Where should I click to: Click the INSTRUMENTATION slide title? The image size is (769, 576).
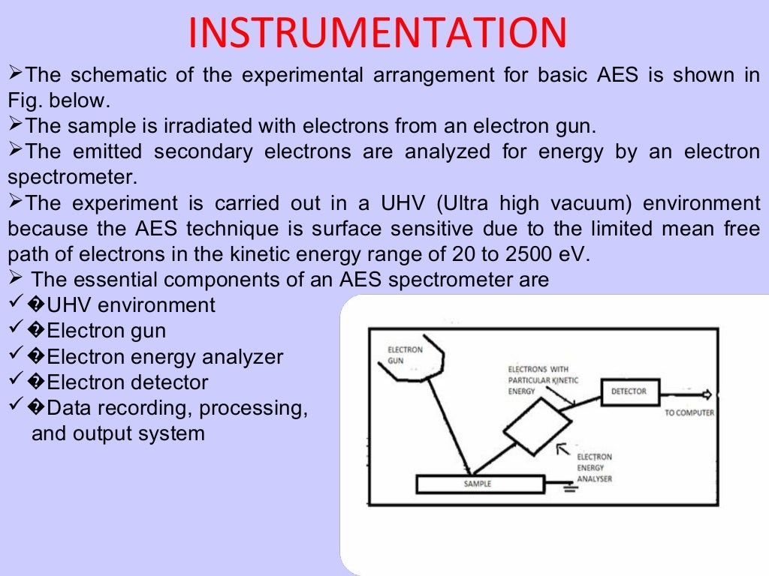[x=377, y=34]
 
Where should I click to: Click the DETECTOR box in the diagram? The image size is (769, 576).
[x=629, y=391]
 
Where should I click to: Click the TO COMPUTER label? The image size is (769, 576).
[x=689, y=413]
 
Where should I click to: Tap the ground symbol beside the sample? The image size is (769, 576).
[x=571, y=489]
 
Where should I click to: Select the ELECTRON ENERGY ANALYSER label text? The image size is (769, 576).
[x=594, y=467]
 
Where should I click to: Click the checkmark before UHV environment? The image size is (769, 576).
[x=16, y=304]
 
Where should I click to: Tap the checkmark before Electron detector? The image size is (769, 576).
[x=16, y=382]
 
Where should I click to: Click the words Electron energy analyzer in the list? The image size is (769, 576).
[x=164, y=357]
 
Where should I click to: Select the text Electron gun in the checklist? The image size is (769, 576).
[x=106, y=331]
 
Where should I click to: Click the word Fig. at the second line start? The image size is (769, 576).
[x=25, y=100]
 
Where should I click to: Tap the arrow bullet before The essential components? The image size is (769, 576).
[x=17, y=279]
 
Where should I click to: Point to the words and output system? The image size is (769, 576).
[x=118, y=433]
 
